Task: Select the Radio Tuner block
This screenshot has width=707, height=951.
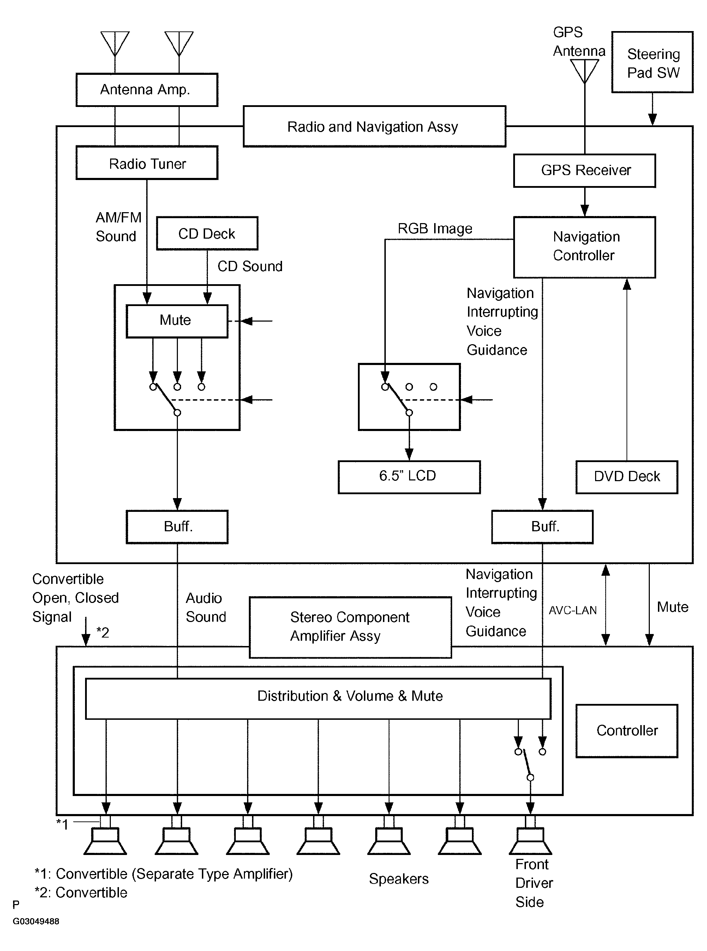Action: (147, 163)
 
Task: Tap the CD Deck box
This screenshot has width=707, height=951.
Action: (207, 234)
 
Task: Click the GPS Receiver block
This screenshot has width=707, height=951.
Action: (585, 171)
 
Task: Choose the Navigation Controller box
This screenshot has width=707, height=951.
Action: (585, 247)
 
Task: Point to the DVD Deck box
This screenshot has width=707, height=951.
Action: (627, 477)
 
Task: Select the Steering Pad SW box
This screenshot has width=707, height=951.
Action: (652, 62)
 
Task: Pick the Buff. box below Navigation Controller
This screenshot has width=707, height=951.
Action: (542, 526)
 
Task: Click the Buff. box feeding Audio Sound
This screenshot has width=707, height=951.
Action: (177, 526)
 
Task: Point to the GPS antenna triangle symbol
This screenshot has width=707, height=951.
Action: (585, 70)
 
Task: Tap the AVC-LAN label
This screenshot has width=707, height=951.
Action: (573, 610)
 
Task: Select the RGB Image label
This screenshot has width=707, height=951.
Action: (435, 228)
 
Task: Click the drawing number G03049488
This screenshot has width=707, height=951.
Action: (36, 921)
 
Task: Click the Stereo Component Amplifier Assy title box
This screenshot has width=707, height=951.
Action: (350, 627)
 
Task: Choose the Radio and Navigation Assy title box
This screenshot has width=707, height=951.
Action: (375, 127)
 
